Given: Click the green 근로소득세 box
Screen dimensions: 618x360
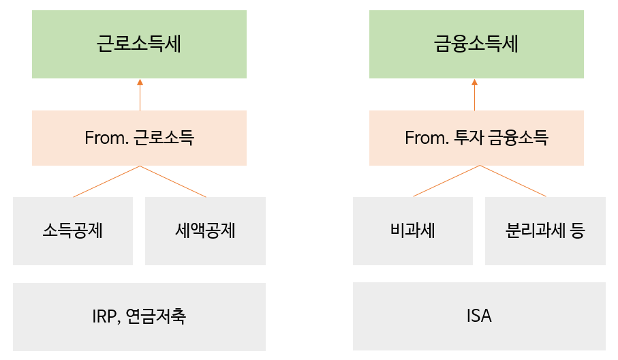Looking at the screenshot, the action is point(139,44).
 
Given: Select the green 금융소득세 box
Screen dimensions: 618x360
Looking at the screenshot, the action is point(476,44).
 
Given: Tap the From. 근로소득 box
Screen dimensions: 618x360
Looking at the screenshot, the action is point(139,138).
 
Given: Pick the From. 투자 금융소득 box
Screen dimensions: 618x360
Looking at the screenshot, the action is point(476,138).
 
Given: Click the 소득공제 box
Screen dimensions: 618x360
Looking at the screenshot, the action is point(73,231).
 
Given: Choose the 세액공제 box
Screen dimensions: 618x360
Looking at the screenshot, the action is point(205,231).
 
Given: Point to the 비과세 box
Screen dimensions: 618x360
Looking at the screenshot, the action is point(413,231).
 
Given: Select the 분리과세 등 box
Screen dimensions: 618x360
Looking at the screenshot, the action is point(546,231).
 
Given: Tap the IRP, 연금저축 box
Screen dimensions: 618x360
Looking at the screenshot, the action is point(139,316).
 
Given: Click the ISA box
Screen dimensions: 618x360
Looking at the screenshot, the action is point(479,316).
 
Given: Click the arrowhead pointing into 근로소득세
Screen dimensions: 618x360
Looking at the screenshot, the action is point(140,82).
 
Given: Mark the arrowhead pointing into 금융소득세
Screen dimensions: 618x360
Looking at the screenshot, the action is point(474,82).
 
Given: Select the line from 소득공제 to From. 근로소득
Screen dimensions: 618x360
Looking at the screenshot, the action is point(106,181).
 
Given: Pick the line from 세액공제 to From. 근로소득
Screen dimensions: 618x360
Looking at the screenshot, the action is point(173,181).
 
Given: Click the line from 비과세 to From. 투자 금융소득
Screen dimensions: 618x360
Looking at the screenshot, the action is point(446,181).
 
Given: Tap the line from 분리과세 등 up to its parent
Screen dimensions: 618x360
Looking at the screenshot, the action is point(513,181).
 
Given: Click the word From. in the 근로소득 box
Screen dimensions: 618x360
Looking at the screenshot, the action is point(106,138).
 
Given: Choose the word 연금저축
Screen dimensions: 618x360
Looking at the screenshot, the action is point(155,316).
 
